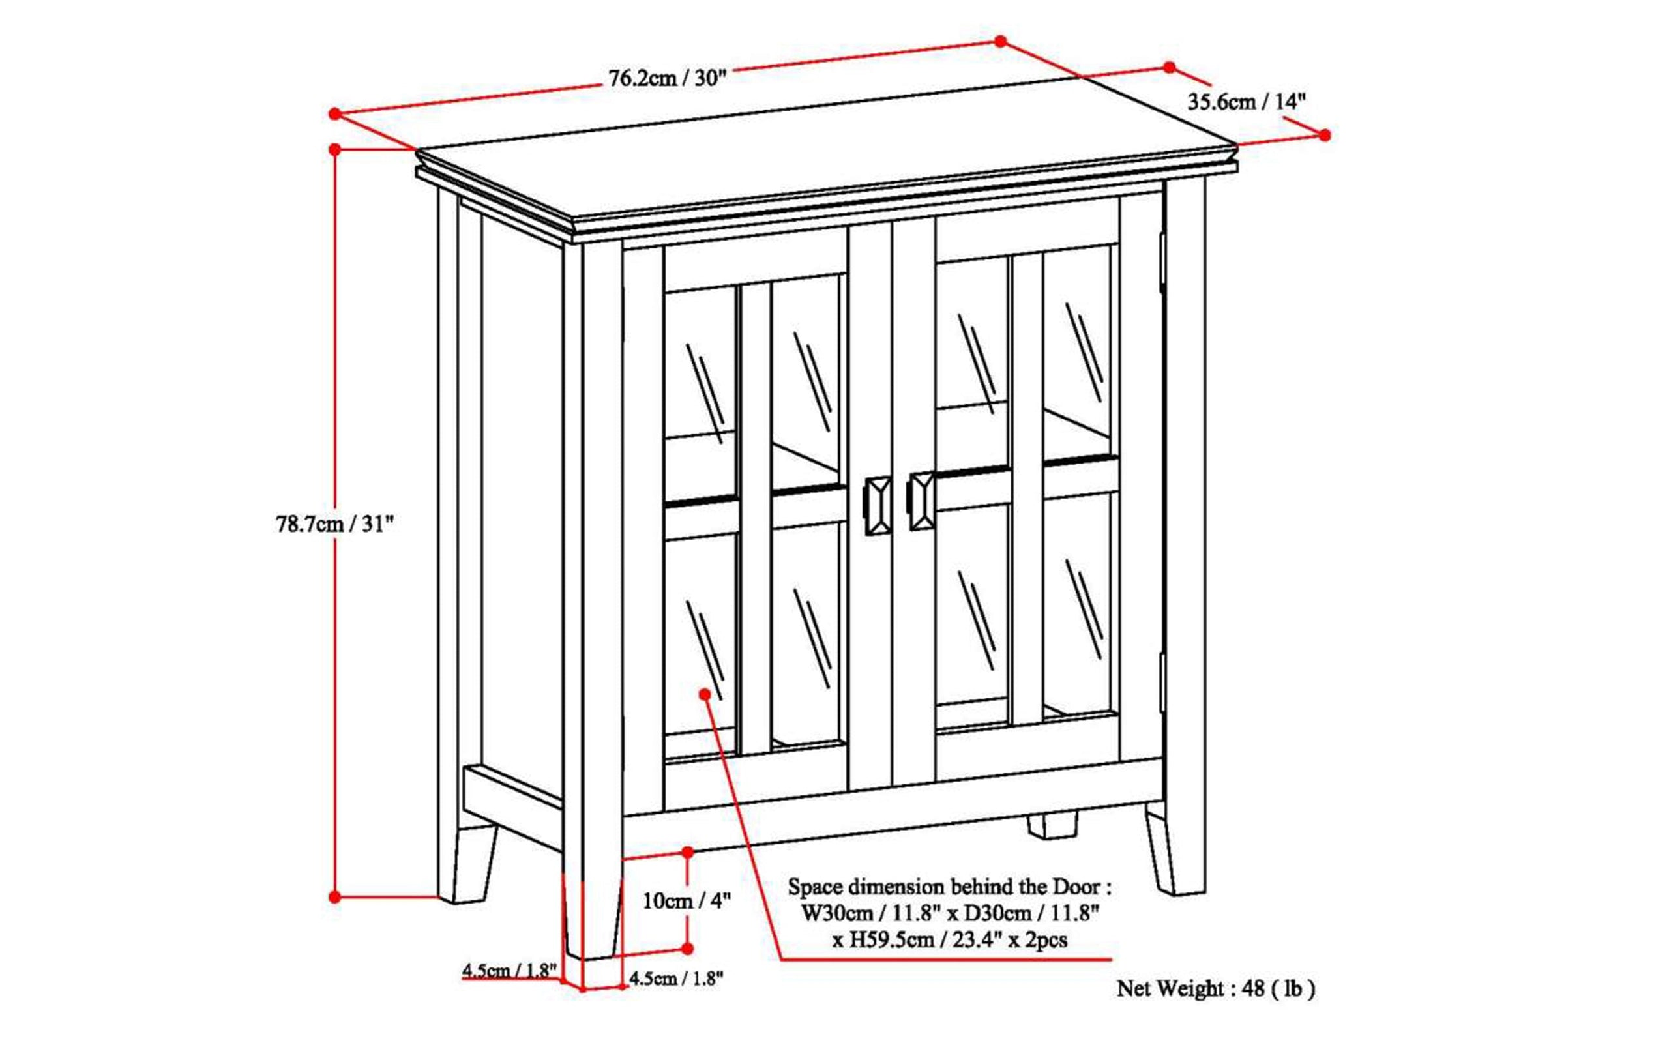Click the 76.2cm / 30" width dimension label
click(668, 78)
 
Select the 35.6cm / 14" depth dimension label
click(1246, 102)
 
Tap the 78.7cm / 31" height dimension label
click(335, 524)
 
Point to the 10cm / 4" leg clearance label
click(687, 900)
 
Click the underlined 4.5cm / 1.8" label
click(509, 970)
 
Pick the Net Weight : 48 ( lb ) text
click(1216, 989)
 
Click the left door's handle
click(878, 504)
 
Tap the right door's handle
click(921, 501)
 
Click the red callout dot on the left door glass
click(705, 693)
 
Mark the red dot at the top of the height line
click(335, 149)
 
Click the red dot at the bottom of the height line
click(335, 897)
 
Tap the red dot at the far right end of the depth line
click(1324, 136)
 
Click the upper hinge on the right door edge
click(1162, 260)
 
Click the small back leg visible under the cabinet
click(1052, 825)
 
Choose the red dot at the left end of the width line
click(335, 113)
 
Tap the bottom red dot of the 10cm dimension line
click(688, 949)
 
